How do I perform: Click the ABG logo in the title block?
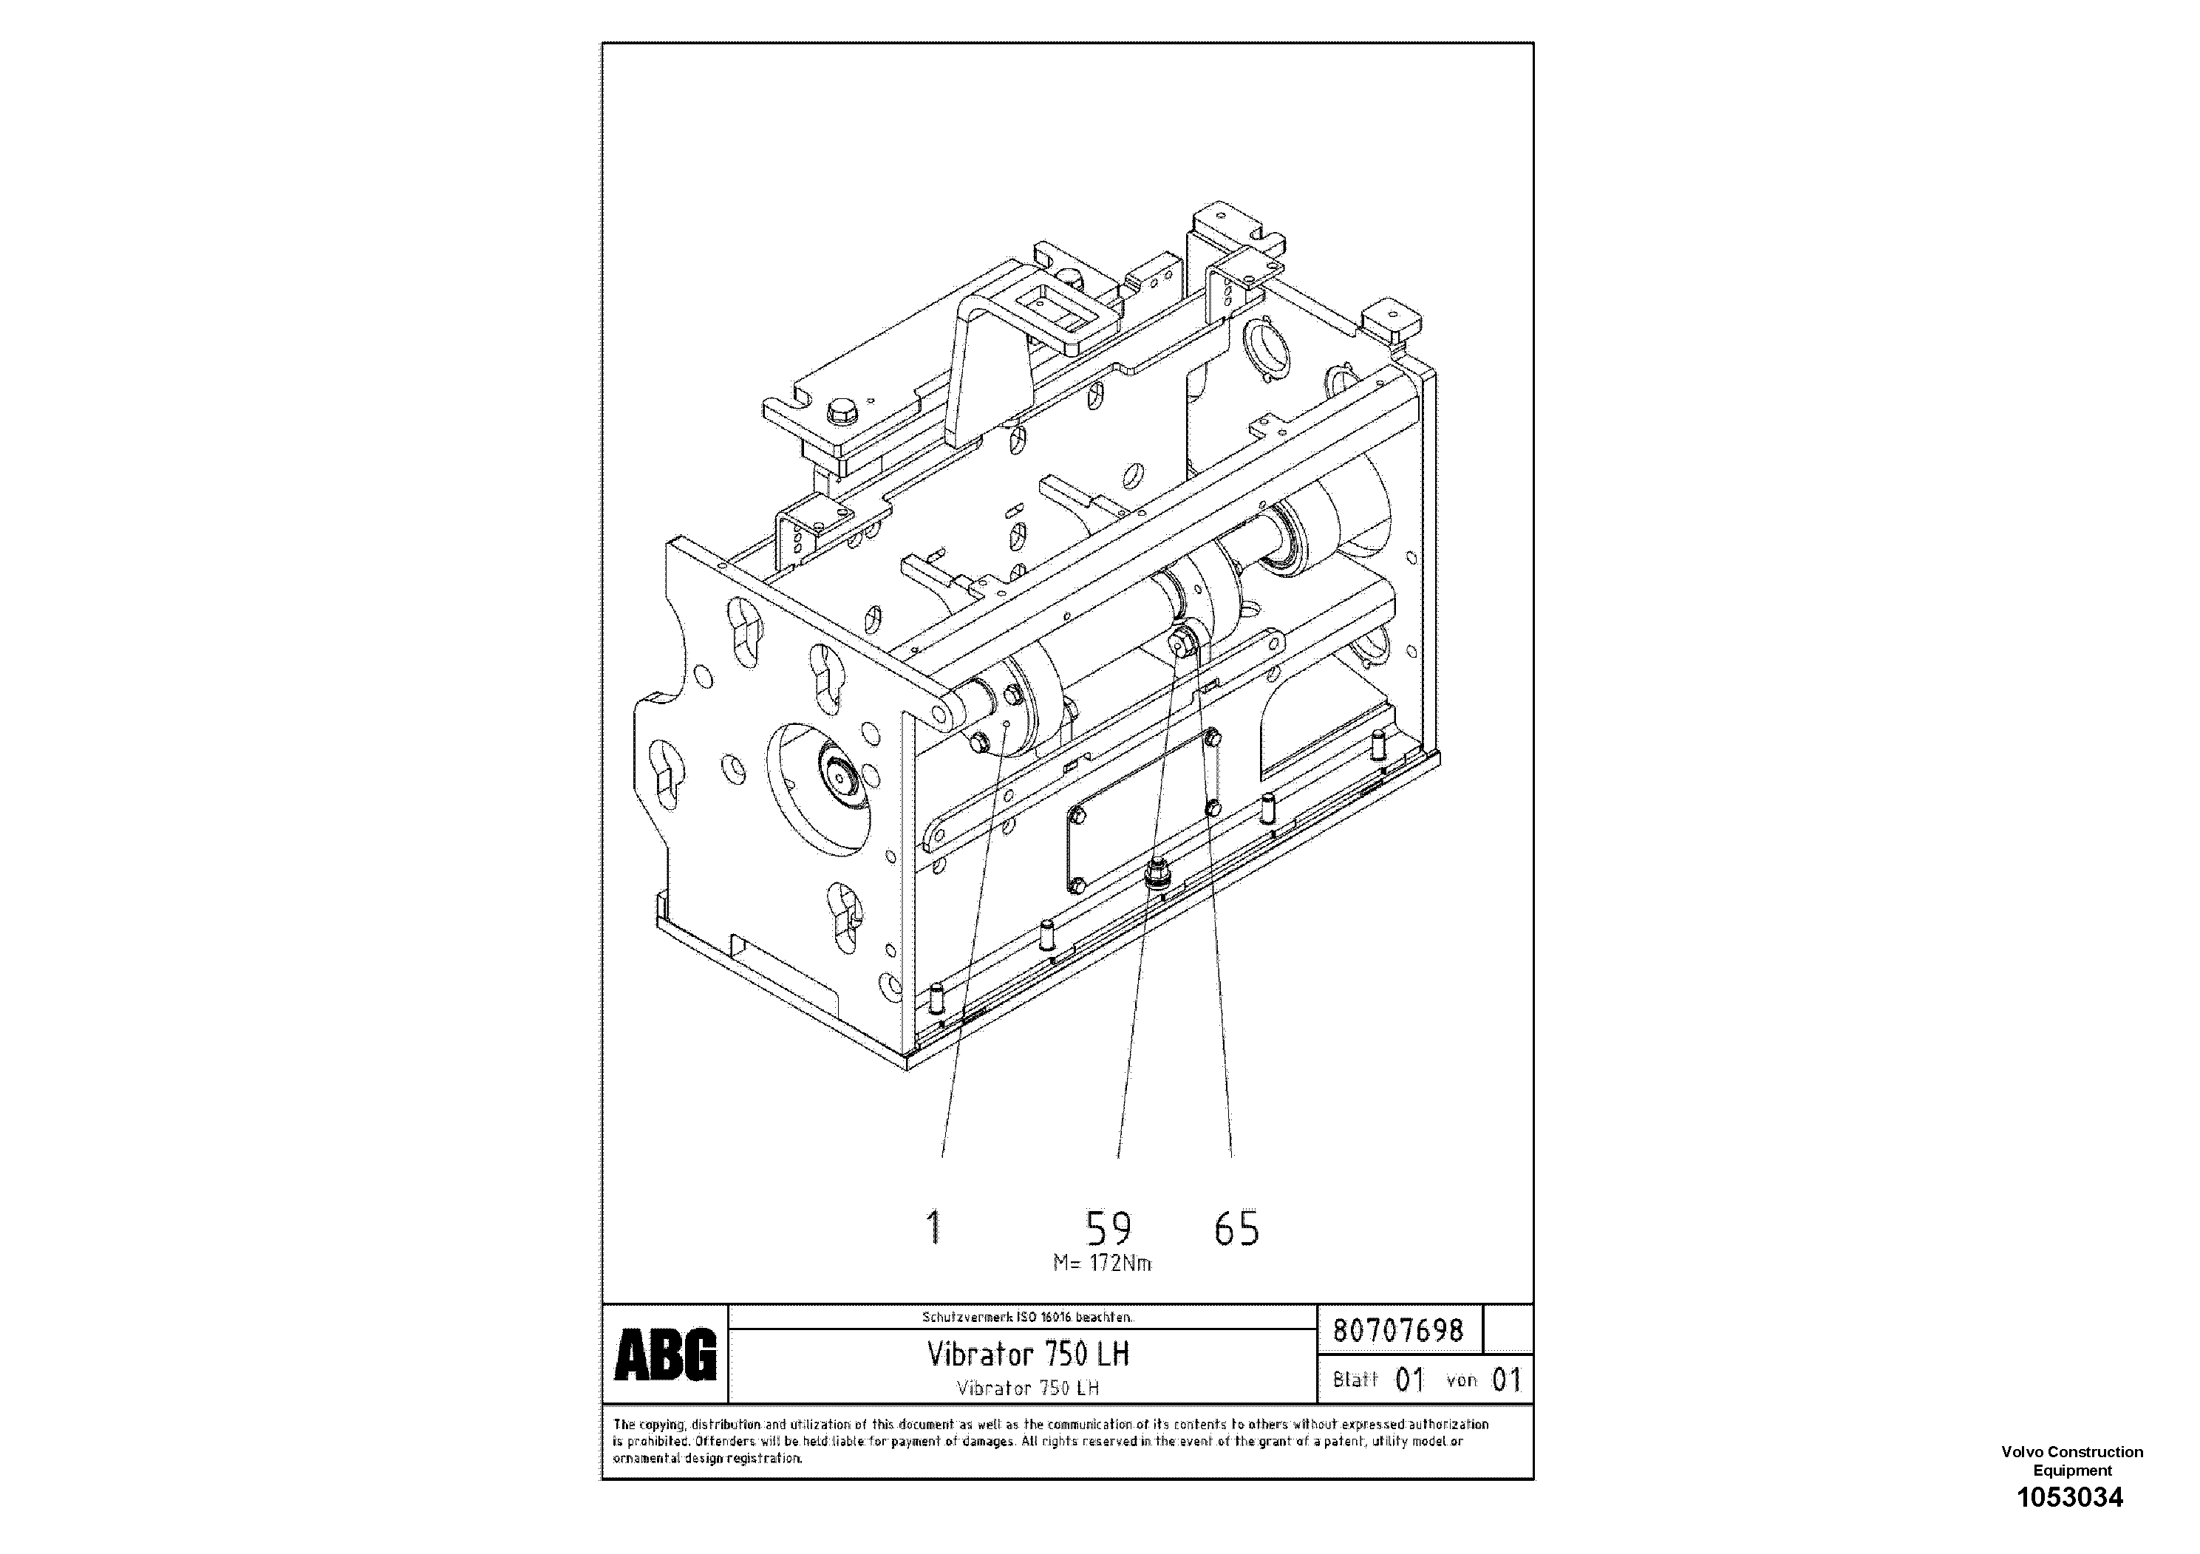(665, 1354)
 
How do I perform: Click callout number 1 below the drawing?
(934, 1227)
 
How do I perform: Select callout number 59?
(1108, 1227)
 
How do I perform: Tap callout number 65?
(1236, 1228)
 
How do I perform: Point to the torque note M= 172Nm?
(1102, 1264)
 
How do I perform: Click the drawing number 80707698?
(1398, 1330)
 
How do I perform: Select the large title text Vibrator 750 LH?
(1027, 1354)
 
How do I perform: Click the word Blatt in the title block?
(1355, 1380)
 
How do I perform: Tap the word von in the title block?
(1461, 1380)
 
